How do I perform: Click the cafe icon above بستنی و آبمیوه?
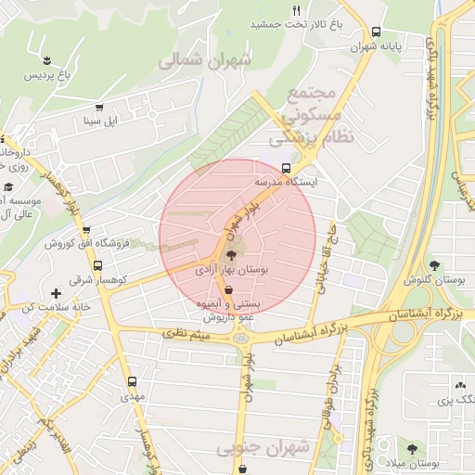point(229,289)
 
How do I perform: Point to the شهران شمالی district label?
point(205,61)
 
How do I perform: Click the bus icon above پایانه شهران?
point(376,31)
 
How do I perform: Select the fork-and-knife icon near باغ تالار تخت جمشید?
point(297,10)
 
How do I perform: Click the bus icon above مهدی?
point(132,381)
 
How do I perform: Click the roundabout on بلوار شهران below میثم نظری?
point(242,340)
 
